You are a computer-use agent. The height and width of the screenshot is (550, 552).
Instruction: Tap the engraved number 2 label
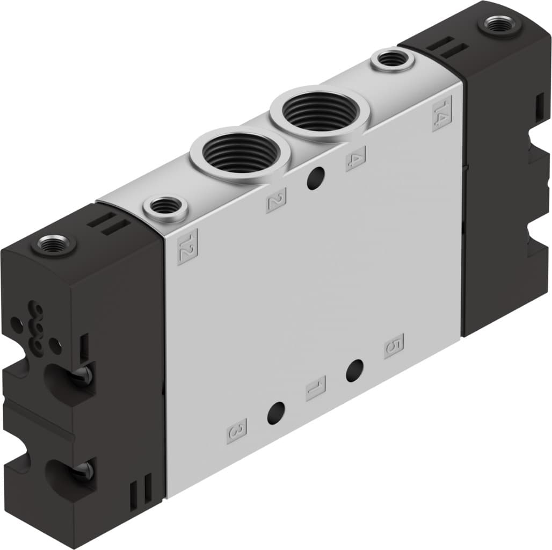tap(276, 200)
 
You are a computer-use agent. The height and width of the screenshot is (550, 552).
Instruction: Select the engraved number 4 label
tap(355, 158)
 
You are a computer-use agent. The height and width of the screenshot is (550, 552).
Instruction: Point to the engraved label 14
tap(441, 113)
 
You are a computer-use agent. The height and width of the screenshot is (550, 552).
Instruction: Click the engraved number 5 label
tap(394, 346)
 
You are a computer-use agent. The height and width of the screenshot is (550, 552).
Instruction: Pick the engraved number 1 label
tap(316, 388)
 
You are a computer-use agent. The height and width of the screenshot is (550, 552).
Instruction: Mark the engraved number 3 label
tap(237, 431)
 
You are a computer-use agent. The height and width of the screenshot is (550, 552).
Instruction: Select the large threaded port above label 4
tap(319, 110)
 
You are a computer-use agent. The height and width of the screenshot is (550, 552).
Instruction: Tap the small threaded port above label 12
tap(165, 206)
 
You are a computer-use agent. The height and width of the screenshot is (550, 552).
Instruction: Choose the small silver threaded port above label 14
tap(392, 59)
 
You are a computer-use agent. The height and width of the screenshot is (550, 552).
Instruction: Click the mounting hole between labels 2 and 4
tap(316, 178)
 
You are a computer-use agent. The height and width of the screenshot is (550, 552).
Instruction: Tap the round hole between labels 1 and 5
tap(354, 371)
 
